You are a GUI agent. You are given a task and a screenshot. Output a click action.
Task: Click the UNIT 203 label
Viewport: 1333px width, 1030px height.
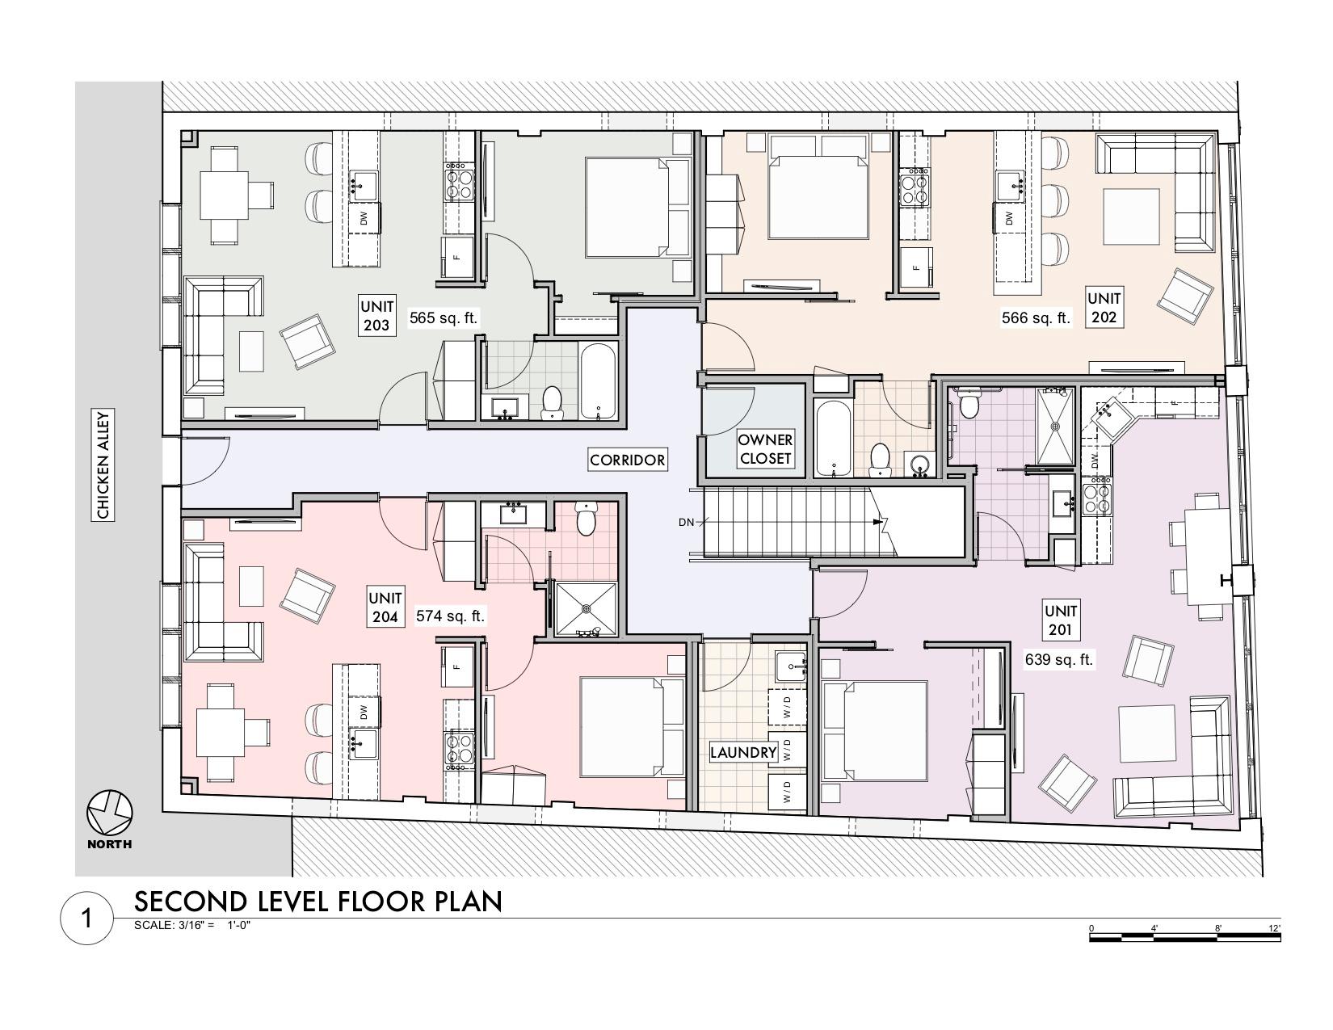click(376, 315)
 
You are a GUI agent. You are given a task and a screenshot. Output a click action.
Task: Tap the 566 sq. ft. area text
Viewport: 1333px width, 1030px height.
click(1036, 317)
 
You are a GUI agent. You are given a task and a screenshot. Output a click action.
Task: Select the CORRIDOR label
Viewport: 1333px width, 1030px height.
click(627, 460)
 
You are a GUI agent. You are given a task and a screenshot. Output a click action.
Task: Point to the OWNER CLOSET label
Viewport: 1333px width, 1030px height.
click(765, 448)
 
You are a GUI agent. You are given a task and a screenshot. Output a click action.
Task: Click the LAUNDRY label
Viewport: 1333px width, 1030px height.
click(743, 752)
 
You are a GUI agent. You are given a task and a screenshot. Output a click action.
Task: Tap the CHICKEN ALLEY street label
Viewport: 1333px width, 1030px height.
click(103, 465)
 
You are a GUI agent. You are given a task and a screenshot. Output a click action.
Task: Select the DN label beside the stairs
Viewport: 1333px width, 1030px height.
click(686, 522)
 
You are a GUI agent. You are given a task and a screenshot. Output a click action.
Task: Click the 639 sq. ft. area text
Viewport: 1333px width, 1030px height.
click(1059, 660)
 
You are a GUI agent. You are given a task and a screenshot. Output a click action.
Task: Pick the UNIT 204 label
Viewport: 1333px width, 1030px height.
click(385, 607)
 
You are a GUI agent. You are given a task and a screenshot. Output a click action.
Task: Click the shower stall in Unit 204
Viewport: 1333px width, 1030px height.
click(586, 609)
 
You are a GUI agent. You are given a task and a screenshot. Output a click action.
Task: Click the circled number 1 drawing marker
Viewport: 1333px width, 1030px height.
click(86, 919)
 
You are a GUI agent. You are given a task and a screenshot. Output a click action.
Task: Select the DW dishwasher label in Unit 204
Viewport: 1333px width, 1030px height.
click(364, 712)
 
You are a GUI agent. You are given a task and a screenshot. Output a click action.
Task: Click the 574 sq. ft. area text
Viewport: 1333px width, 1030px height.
click(450, 616)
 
